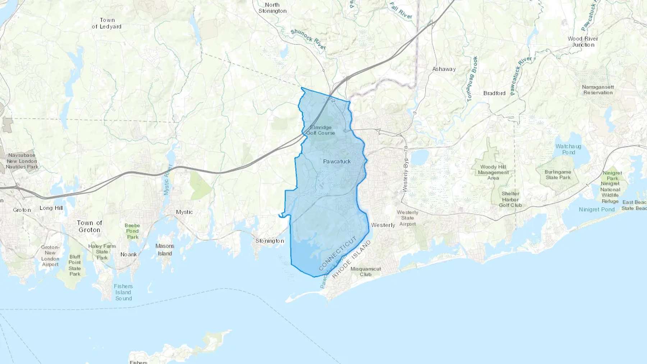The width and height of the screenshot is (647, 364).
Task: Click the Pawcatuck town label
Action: pyautogui.click(x=337, y=161)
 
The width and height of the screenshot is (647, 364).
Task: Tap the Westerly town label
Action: pyautogui.click(x=383, y=225)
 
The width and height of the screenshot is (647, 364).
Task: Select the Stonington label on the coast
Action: pyautogui.click(x=270, y=241)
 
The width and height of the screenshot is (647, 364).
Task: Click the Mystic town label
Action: pyautogui.click(x=184, y=212)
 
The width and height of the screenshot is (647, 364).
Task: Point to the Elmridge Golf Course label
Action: pyautogui.click(x=321, y=130)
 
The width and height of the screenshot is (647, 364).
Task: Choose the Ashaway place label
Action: pyautogui.click(x=444, y=69)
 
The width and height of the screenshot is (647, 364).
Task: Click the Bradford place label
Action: pyautogui.click(x=494, y=93)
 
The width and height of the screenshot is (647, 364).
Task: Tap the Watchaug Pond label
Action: pyautogui.click(x=568, y=149)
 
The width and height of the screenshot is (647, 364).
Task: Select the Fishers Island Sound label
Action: pyautogui.click(x=123, y=292)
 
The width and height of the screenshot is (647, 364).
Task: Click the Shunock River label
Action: pyautogui.click(x=308, y=39)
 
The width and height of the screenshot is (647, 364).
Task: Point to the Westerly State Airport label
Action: pyautogui.click(x=407, y=218)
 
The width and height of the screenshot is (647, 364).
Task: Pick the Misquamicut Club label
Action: pyautogui.click(x=366, y=271)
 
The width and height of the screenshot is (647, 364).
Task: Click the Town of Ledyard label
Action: pyautogui.click(x=107, y=23)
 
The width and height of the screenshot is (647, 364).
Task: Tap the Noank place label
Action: pyautogui.click(x=129, y=254)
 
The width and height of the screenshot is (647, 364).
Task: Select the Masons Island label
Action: pyautogui.click(x=165, y=249)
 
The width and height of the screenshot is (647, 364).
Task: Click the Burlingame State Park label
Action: pyautogui.click(x=557, y=175)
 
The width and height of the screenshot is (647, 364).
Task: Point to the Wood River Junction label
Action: pyautogui.click(x=583, y=42)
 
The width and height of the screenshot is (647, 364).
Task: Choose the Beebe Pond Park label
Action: pyautogui.click(x=132, y=231)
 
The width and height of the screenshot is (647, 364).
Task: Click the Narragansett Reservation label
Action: pyautogui.click(x=598, y=90)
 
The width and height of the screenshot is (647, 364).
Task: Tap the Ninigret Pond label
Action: pyautogui.click(x=597, y=209)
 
